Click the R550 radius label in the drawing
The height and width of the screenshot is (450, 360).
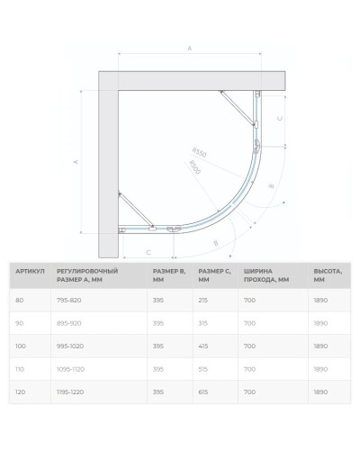click(199, 153)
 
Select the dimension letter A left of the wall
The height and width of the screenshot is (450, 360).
click(75, 163)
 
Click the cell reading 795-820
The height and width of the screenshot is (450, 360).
click(69, 301)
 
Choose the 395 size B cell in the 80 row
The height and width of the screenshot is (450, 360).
click(158, 301)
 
